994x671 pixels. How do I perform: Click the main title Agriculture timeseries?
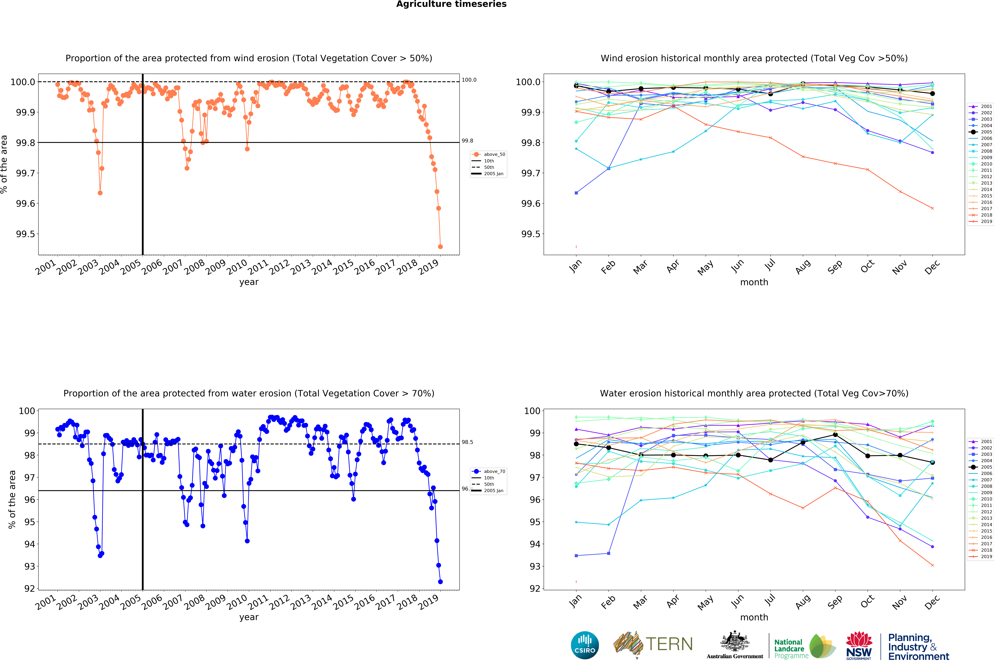click(451, 4)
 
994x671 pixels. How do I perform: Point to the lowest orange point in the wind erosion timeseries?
click(440, 247)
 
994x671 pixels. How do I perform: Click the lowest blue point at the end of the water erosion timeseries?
click(440, 582)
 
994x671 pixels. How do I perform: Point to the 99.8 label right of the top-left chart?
click(467, 141)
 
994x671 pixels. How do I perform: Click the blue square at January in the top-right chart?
click(576, 193)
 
